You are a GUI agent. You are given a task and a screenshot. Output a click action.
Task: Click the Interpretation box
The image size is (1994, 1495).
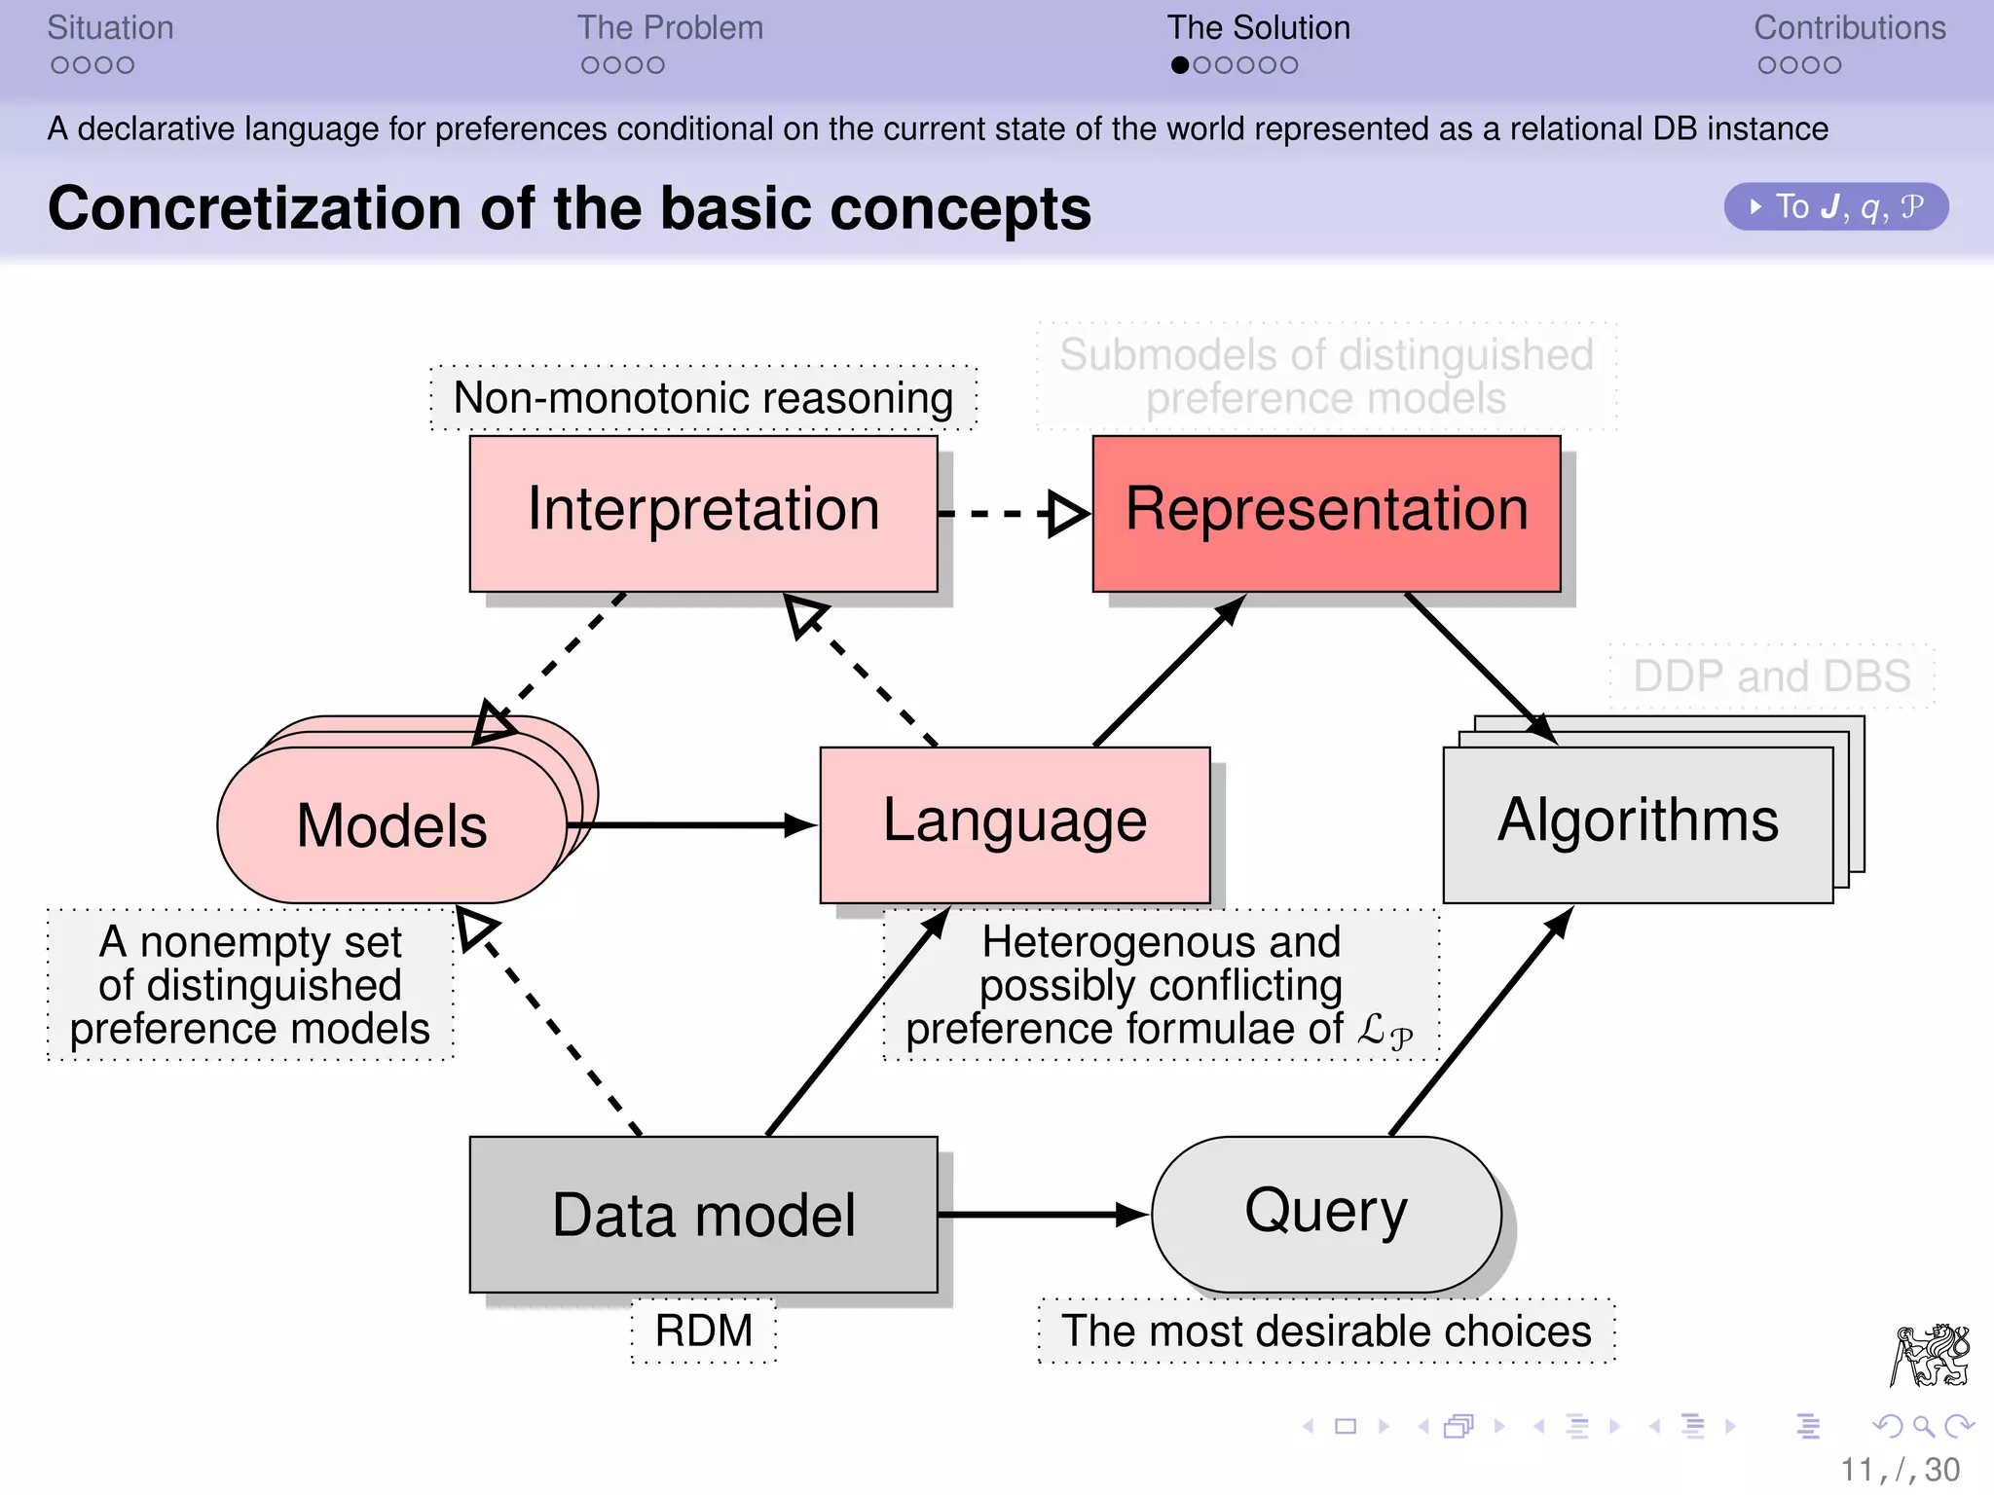703,513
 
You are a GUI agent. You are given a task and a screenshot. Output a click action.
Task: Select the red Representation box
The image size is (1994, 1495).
1326,513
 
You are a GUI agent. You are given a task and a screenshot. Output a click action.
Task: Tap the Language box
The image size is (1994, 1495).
1015,823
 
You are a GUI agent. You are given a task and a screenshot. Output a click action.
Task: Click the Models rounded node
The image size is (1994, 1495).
391,825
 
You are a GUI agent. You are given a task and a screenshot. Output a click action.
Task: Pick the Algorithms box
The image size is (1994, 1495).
1638,823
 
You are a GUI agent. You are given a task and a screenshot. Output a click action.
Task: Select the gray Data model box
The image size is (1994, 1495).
703,1215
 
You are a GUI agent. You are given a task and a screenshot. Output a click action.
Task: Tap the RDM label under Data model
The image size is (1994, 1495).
703,1331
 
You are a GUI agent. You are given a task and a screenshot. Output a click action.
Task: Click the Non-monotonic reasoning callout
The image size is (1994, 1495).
703,398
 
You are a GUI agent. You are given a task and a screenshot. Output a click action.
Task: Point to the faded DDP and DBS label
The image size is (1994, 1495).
1771,675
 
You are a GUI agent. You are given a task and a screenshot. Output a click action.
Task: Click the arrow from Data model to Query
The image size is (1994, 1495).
1042,1215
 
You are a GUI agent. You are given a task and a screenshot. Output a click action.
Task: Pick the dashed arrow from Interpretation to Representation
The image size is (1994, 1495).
1013,513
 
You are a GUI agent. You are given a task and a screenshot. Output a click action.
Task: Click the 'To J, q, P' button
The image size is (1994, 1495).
1835,206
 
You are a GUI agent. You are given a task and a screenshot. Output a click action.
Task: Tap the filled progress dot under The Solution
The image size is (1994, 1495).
1180,65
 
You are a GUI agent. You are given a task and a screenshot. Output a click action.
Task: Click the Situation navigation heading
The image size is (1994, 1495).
110,28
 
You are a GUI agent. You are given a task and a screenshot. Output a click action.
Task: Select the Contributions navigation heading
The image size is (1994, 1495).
1849,28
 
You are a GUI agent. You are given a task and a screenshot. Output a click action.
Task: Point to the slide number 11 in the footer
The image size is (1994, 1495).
1857,1469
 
